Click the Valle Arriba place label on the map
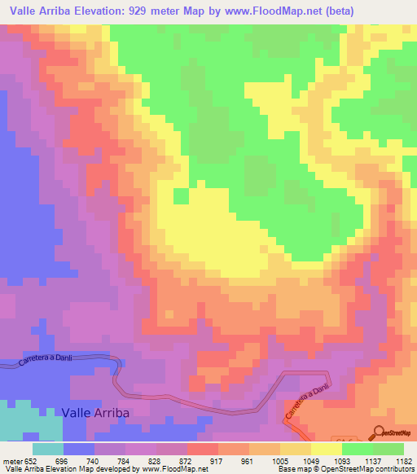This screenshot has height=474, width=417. pyautogui.click(x=95, y=413)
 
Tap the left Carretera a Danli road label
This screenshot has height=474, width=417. pyautogui.click(x=51, y=360)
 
